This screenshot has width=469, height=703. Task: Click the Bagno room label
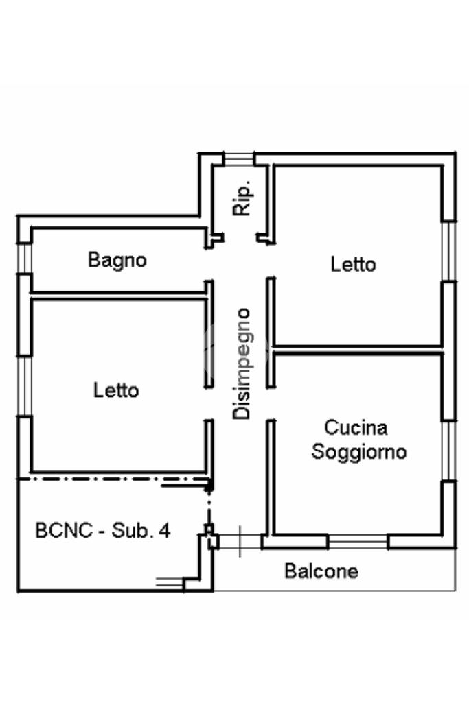[117, 260]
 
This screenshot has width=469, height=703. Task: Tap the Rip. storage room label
[242, 199]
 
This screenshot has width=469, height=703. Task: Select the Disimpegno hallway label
[242, 364]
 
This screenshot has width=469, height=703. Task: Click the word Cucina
[356, 427]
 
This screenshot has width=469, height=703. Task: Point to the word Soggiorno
[359, 452]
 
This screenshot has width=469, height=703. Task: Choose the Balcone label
[321, 571]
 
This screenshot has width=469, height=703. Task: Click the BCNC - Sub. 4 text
[103, 530]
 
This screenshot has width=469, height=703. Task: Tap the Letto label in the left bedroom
[116, 390]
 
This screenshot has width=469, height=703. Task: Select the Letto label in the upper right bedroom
[353, 264]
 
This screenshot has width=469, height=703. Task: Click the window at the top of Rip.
[238, 158]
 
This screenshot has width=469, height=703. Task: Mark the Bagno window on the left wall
[25, 258]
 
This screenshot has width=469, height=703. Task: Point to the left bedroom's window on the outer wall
[25, 386]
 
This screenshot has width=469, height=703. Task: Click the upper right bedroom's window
[449, 251]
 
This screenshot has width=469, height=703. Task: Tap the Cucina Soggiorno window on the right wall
[449, 451]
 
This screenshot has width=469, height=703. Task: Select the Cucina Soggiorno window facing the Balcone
[358, 542]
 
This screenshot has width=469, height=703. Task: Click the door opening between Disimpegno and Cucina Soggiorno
[271, 403]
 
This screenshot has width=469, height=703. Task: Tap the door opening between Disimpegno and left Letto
[209, 403]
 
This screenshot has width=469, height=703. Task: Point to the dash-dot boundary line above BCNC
[115, 479]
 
